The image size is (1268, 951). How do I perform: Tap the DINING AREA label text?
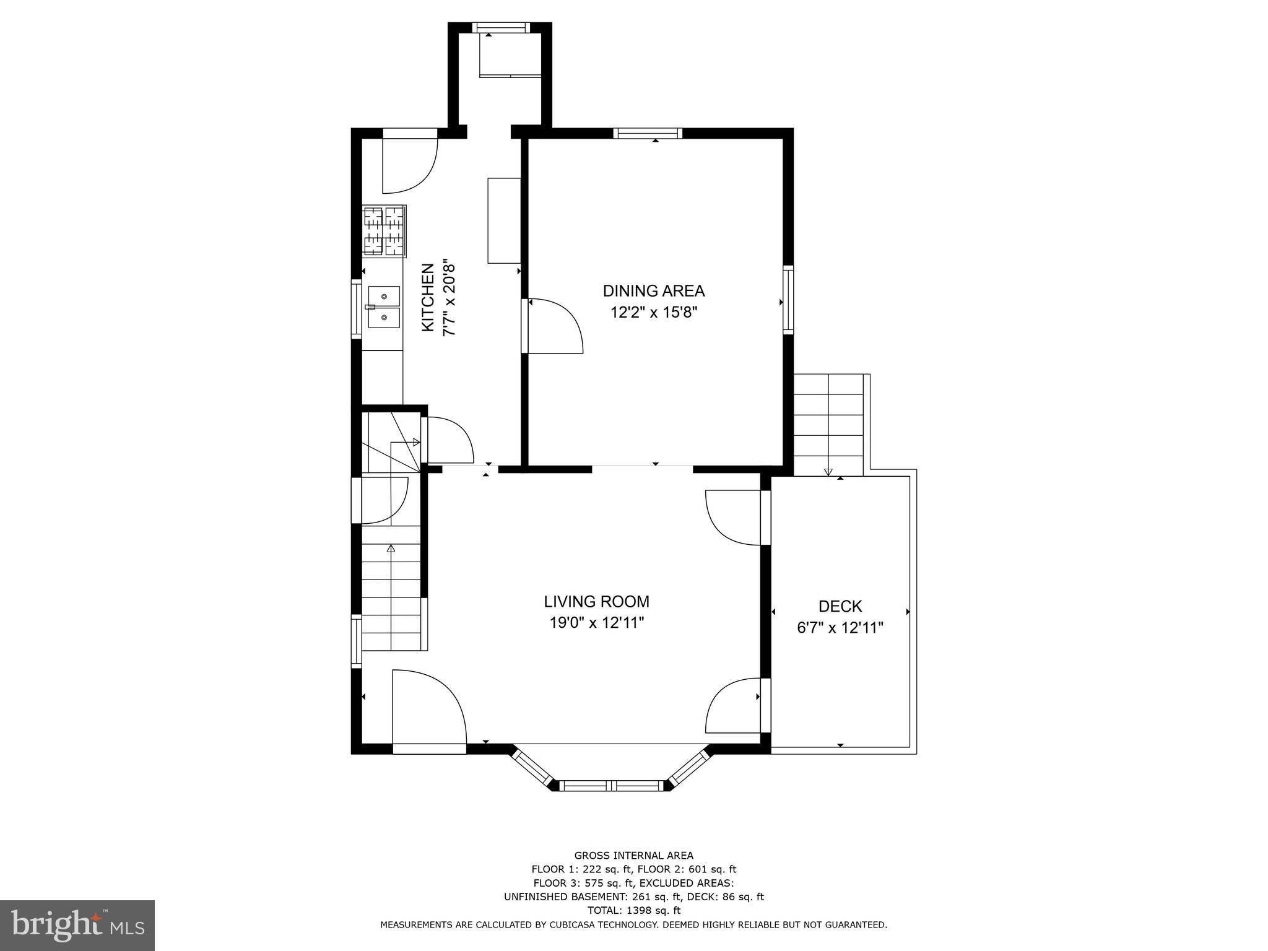654,290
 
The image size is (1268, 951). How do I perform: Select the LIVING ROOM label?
596,601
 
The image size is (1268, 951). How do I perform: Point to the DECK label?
840,606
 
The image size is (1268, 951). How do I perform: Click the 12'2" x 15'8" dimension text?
654,312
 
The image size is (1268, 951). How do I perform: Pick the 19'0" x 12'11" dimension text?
596,623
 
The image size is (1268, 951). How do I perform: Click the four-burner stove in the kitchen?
384,231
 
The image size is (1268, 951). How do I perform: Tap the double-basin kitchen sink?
383,307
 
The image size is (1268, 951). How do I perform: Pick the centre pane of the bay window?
612,786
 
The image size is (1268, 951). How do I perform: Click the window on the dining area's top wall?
648,133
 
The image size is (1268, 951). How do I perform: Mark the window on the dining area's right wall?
788,300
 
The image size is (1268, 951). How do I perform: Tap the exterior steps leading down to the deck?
828,424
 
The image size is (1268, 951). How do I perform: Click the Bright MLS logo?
77,925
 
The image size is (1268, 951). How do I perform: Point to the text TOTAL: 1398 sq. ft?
633,910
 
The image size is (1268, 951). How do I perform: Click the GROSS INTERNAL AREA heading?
633,856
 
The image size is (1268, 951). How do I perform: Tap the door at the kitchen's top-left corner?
409,162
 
